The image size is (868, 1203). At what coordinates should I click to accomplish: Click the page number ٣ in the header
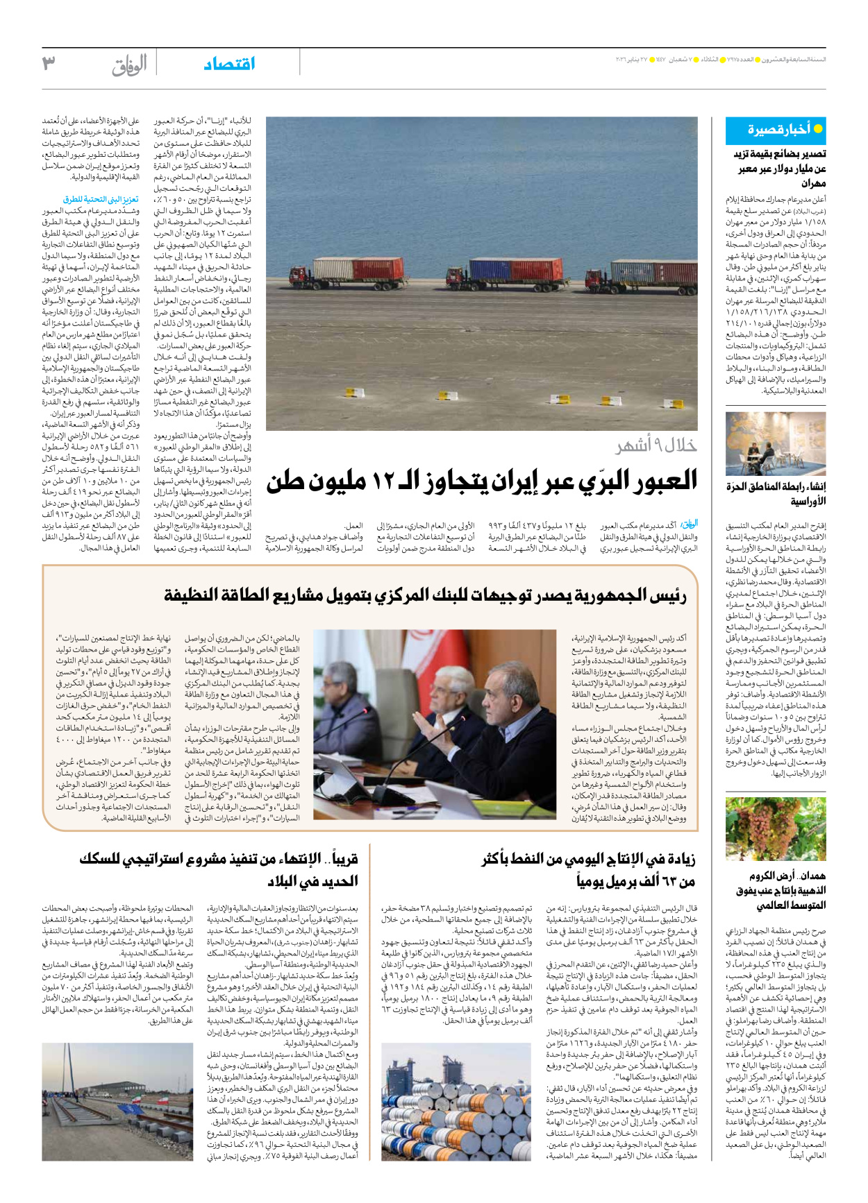pyautogui.click(x=49, y=64)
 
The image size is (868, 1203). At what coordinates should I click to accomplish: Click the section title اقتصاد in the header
pyautogui.click(x=229, y=64)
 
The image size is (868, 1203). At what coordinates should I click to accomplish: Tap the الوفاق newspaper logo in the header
pyautogui.click(x=129, y=65)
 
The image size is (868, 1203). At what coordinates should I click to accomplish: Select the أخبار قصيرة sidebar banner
pyautogui.click(x=776, y=130)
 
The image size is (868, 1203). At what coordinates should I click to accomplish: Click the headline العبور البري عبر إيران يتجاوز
pyautogui.click(x=482, y=480)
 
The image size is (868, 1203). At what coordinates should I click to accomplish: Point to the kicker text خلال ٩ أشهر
pyautogui.click(x=656, y=445)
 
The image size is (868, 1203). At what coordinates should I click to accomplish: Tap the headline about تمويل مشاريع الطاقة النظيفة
pyautogui.click(x=425, y=595)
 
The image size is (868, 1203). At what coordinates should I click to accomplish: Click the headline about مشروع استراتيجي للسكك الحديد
pyautogui.click(x=219, y=870)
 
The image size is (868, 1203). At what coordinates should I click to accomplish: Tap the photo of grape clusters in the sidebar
pyautogui.click(x=776, y=829)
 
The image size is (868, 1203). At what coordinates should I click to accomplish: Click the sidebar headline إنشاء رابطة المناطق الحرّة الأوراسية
pyautogui.click(x=776, y=493)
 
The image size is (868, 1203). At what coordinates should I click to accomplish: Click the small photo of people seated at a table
pyautogui.click(x=776, y=444)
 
